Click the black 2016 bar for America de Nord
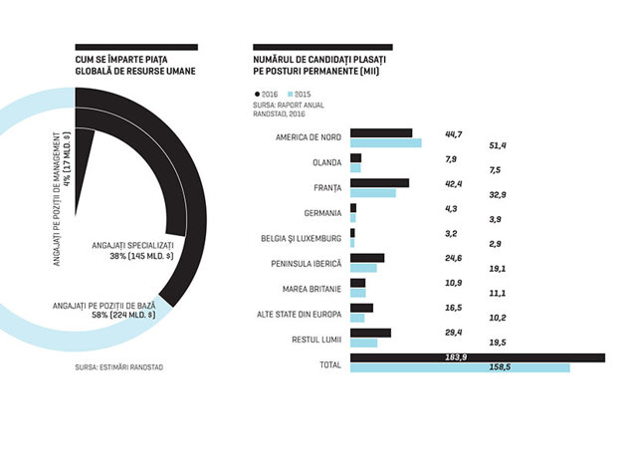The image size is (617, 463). pyautogui.click(x=381, y=133)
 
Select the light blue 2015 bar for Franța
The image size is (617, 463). pyautogui.click(x=373, y=193)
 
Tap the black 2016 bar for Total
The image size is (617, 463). pyautogui.click(x=478, y=357)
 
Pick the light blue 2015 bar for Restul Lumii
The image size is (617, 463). pyautogui.click(x=363, y=343)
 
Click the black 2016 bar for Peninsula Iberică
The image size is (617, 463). pyautogui.click(x=367, y=258)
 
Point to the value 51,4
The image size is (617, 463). pyautogui.click(x=498, y=145)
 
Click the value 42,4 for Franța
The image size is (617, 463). pyautogui.click(x=454, y=184)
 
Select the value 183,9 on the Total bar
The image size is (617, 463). pyautogui.click(x=456, y=357)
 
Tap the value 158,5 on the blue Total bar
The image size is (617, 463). pyautogui.click(x=500, y=367)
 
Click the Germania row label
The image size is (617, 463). pyautogui.click(x=322, y=213)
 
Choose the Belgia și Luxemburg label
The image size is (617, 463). pyautogui.click(x=301, y=239)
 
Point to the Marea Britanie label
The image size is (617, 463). pyautogui.click(x=311, y=289)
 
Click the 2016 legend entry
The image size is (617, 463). pyautogui.click(x=267, y=95)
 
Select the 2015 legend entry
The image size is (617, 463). pyautogui.click(x=300, y=95)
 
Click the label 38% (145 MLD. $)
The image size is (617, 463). pyautogui.click(x=141, y=256)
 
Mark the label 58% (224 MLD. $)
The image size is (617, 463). pyautogui.click(x=123, y=315)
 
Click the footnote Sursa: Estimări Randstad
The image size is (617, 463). pyautogui.click(x=118, y=367)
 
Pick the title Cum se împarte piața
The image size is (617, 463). pyautogui.click(x=121, y=60)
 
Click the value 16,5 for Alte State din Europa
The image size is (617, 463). pyautogui.click(x=454, y=308)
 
